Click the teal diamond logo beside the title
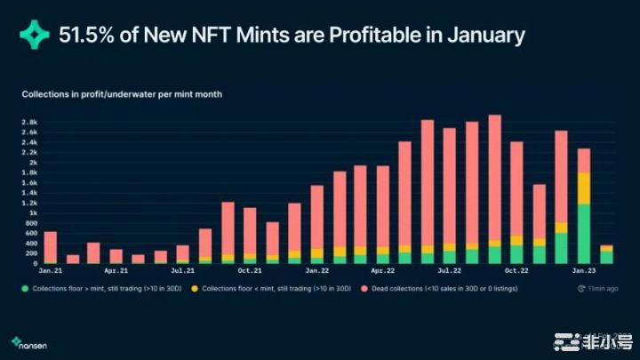coord(36,36)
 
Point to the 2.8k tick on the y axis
coord(28,123)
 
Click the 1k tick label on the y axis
coord(31,213)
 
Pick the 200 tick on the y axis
coord(29,253)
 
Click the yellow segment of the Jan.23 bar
coord(584,188)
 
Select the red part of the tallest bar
coord(495,178)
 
